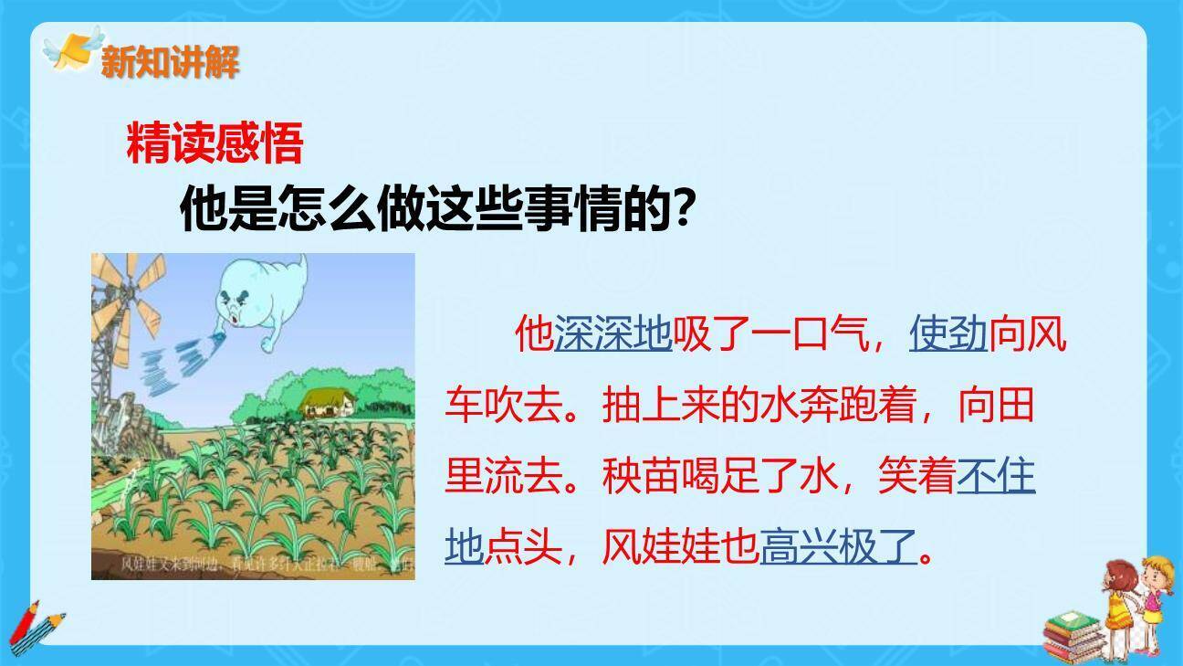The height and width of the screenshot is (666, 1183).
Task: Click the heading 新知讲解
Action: [170, 62]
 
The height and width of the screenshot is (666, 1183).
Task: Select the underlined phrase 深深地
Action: [612, 334]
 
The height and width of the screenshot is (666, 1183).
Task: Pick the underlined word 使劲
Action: [948, 334]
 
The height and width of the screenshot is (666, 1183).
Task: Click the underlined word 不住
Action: [996, 476]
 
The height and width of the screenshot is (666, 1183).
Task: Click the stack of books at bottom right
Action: [1073, 635]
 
